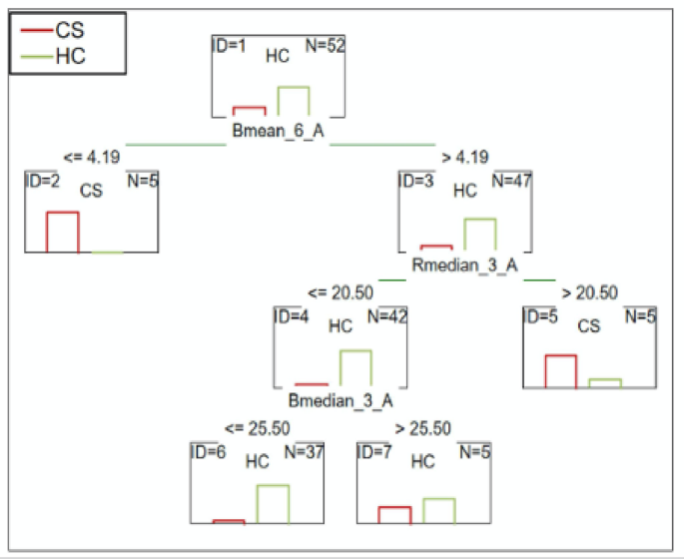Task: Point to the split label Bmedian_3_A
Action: click(x=340, y=400)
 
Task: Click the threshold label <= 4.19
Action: click(x=91, y=157)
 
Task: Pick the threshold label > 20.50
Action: click(x=589, y=292)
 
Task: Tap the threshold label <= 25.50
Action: click(x=257, y=427)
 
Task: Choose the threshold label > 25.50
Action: click(x=423, y=427)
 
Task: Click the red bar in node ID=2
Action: click(x=62, y=232)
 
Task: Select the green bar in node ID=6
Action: click(x=273, y=503)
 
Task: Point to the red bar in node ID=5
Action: click(x=560, y=370)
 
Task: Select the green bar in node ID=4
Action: click(x=356, y=367)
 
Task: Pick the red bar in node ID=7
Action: click(x=394, y=514)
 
